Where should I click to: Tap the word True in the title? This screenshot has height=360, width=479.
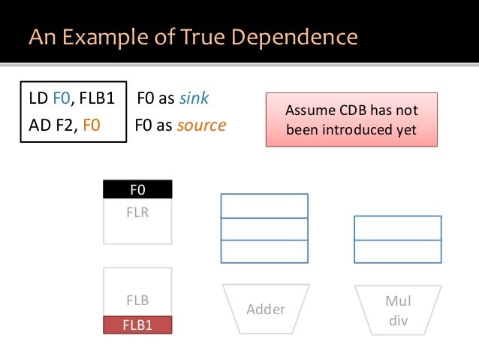[199, 37]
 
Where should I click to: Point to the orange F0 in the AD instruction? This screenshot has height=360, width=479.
[91, 125]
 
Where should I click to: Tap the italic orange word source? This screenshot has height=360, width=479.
[201, 125]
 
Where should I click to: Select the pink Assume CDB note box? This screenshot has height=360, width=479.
[351, 119]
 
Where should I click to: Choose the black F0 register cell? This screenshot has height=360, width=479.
[137, 189]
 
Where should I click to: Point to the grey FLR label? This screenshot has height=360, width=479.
[137, 212]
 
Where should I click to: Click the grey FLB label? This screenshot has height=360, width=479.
[137, 301]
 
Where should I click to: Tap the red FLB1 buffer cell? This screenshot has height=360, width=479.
[137, 325]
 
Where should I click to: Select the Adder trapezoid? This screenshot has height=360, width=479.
[266, 309]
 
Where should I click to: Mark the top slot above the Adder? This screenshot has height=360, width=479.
[264, 205]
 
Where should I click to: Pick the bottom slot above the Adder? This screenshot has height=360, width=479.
[264, 251]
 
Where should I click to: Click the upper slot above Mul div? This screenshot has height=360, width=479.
[397, 228]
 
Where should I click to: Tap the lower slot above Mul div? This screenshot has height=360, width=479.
[397, 251]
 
